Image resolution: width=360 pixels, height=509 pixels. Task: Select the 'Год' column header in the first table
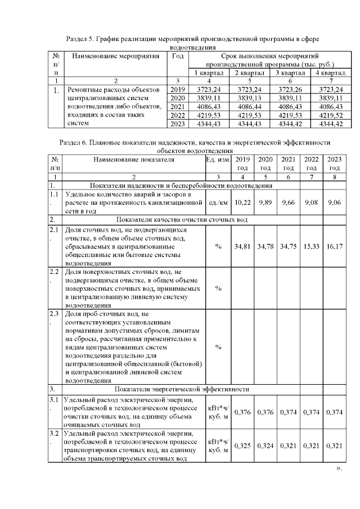tap(177, 56)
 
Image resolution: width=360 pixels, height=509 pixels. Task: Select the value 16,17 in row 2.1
tap(334, 247)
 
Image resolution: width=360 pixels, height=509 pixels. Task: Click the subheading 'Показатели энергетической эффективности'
tap(182, 389)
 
